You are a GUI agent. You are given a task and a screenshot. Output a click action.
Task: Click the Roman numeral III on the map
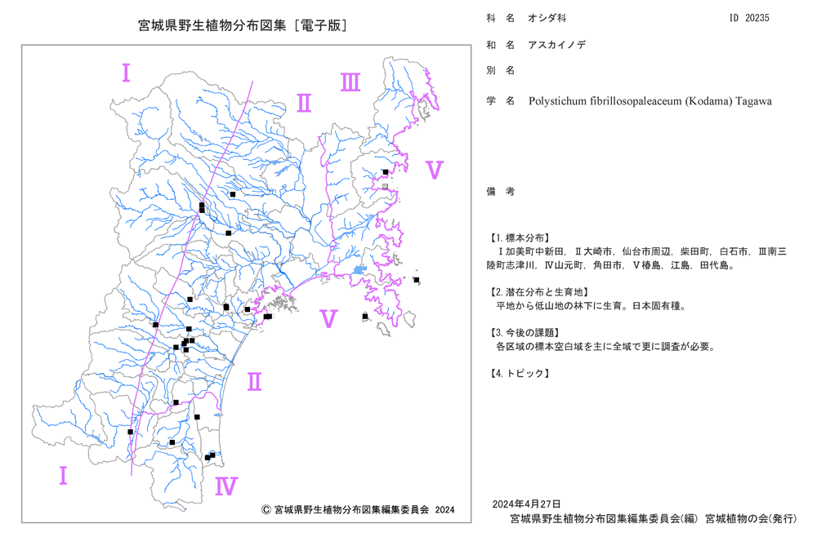click(350, 82)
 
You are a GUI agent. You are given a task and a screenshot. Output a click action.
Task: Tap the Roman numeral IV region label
click(226, 486)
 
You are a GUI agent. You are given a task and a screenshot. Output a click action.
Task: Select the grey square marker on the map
click(385, 186)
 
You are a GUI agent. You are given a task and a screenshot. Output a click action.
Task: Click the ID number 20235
click(757, 18)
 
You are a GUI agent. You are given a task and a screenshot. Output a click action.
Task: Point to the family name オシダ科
click(547, 18)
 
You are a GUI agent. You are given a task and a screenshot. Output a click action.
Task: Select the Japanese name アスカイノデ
click(557, 45)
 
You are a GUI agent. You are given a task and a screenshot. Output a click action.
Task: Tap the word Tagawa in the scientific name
click(753, 101)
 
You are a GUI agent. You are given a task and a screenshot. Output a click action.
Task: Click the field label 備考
click(501, 192)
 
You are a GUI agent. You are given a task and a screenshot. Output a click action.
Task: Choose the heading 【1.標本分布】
click(519, 237)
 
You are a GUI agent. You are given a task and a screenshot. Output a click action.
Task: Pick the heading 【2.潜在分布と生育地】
click(538, 292)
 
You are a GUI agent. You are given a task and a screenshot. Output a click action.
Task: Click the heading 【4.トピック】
click(519, 373)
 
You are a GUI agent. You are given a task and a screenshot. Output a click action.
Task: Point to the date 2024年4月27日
click(526, 504)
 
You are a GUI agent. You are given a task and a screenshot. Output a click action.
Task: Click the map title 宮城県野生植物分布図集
click(212, 25)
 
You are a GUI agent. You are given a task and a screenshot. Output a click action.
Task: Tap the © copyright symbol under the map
click(266, 510)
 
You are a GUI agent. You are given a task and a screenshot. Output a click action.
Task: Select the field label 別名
click(501, 70)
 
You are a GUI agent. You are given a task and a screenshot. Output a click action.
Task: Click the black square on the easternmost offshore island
click(417, 280)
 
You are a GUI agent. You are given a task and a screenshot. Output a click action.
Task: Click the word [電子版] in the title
click(320, 25)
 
